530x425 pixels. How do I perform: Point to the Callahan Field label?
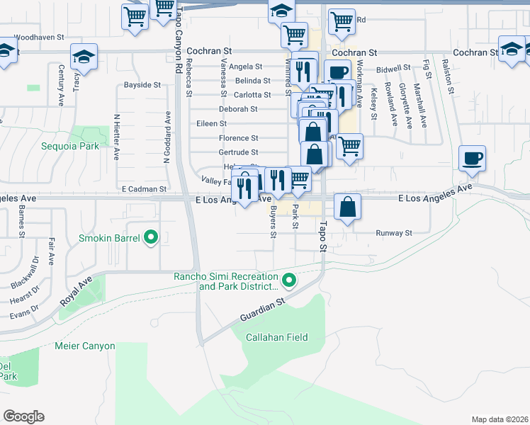[x=276, y=337]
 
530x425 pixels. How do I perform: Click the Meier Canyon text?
[x=84, y=346]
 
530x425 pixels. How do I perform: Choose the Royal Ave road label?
[x=76, y=290]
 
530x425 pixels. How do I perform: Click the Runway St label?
[x=393, y=232]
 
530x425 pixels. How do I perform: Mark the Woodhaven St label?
[x=39, y=36]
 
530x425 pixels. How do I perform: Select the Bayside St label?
[x=142, y=85]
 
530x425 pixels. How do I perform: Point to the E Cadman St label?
[x=144, y=189]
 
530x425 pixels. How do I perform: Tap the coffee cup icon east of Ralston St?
[x=471, y=159]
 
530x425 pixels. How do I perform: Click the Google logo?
[x=23, y=416]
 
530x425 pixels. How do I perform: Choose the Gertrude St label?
[x=238, y=152]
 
